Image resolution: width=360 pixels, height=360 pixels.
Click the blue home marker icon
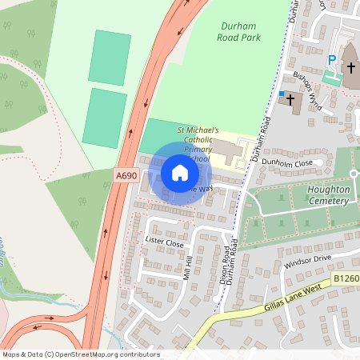point(180,172)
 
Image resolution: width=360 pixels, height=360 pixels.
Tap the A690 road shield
point(125,174)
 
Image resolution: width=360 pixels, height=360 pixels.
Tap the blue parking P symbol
point(332,60)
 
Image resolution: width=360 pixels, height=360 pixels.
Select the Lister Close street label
point(164,241)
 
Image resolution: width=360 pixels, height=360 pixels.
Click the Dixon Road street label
point(226,260)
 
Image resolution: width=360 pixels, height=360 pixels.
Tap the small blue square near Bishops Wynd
point(282,94)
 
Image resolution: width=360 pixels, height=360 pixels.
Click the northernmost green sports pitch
point(110,57)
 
